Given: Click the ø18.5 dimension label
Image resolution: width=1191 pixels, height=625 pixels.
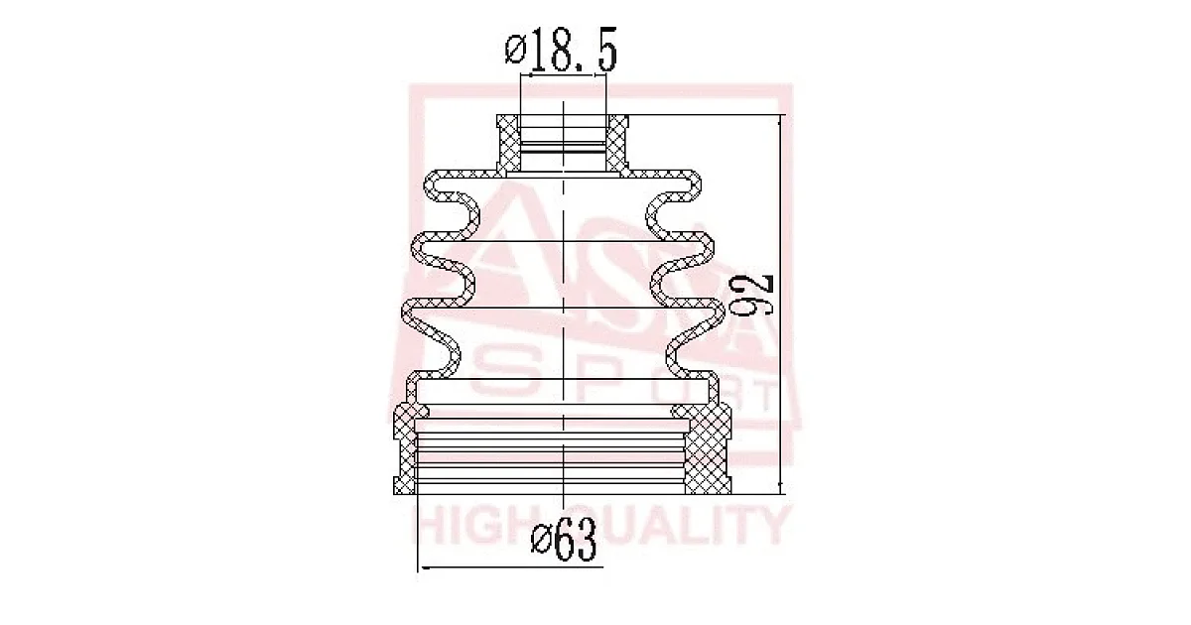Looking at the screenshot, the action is click(x=561, y=50).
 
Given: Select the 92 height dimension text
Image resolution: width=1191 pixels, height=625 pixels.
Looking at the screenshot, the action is click(x=750, y=297).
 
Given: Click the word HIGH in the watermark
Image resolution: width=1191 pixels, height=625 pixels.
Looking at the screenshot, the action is click(x=474, y=526).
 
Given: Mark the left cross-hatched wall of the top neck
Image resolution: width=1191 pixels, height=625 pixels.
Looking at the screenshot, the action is click(x=509, y=144).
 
